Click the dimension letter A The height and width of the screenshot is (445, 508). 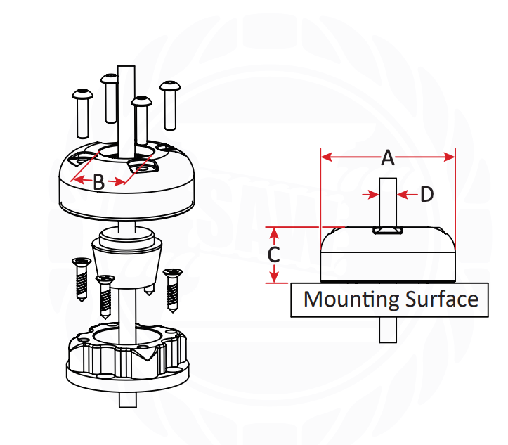tap(387, 159)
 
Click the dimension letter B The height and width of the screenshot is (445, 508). tap(99, 183)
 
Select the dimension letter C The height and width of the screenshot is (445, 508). tap(275, 254)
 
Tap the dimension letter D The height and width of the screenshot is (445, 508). tap(426, 195)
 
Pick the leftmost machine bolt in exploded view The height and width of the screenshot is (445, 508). tap(82, 112)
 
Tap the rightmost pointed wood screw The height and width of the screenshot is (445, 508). tap(172, 290)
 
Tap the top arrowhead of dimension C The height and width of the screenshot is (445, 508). tap(275, 231)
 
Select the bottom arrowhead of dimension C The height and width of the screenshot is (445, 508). tap(275, 278)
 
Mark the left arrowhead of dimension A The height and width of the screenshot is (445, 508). tap(325, 157)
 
